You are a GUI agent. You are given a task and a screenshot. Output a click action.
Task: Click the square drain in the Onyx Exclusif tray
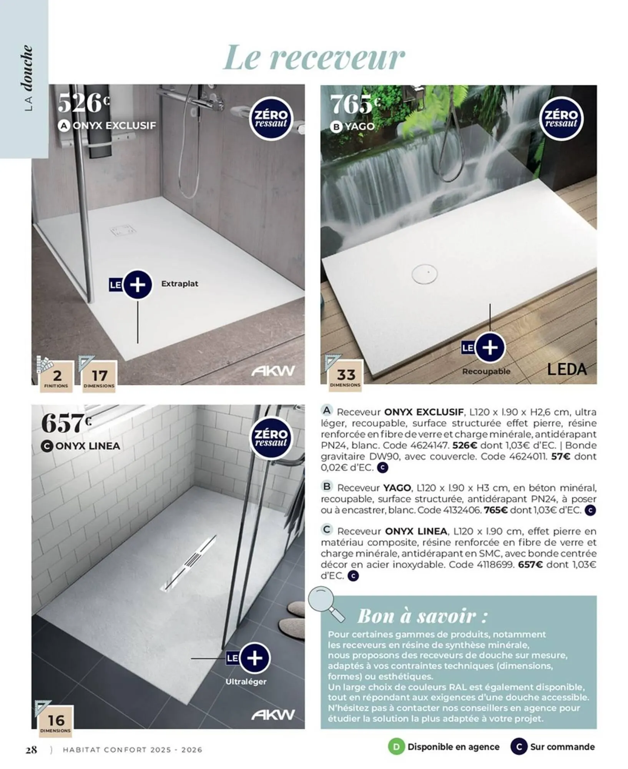(123, 231)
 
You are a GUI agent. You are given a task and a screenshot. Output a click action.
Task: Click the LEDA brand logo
(567, 370)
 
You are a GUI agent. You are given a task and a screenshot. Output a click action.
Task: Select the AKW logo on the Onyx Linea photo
(273, 715)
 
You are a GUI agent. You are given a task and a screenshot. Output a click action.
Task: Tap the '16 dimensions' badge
(56, 721)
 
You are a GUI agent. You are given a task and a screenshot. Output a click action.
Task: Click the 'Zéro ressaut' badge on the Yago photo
(561, 118)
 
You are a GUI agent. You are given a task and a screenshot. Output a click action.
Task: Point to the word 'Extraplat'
(179, 284)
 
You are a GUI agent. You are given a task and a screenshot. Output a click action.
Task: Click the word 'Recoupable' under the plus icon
(486, 371)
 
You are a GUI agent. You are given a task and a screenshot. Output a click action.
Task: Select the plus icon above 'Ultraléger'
(254, 658)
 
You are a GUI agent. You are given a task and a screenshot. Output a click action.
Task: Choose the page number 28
(31, 749)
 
